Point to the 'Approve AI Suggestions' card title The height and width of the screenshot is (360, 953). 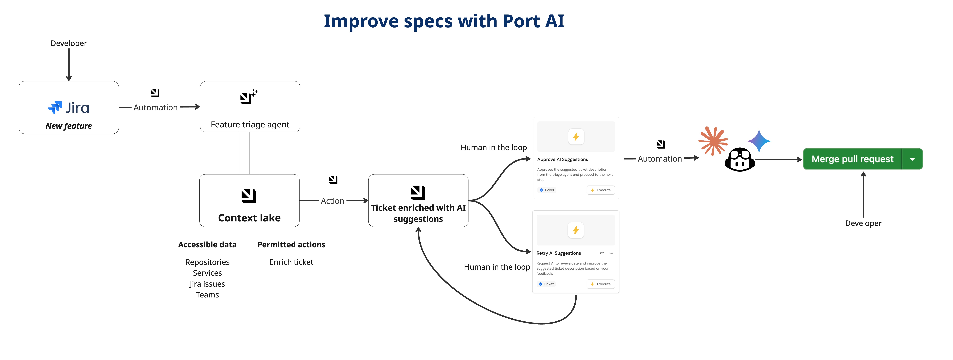[x=562, y=159]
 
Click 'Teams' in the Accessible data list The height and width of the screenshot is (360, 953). [x=207, y=295]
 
